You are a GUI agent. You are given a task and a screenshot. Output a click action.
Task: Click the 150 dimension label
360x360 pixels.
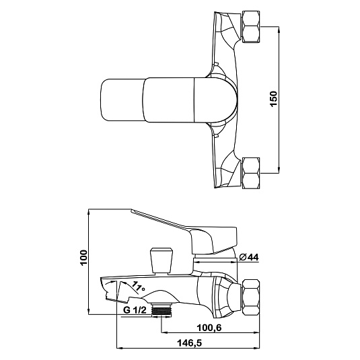point(274,99)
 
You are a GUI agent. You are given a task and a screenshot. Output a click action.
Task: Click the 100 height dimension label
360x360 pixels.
point(84,258)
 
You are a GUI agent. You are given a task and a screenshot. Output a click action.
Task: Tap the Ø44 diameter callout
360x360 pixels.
point(249,257)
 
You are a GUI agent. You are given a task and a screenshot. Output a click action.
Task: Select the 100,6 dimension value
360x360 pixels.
point(209,328)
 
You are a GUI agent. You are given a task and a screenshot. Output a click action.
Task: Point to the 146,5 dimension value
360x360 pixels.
point(189,343)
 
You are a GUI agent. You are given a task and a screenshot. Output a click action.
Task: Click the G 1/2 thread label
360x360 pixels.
point(135,310)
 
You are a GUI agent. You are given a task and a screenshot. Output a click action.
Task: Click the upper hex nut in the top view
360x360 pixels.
point(251,26)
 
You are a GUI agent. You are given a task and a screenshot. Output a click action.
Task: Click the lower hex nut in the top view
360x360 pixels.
point(251,173)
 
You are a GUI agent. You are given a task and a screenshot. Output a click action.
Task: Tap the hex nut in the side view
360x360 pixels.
point(251,295)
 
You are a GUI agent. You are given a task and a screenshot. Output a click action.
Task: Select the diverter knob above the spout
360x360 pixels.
point(161,260)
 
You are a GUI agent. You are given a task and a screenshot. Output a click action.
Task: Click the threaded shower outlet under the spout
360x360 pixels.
point(162,310)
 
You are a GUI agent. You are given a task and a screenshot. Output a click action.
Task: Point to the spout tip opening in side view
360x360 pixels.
point(110,289)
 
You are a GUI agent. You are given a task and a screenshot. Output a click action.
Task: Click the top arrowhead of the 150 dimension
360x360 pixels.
point(279,29)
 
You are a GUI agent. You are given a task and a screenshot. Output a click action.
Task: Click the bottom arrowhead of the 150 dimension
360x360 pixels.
point(279,170)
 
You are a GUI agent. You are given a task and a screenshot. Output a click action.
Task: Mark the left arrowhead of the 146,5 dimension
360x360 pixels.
point(120,348)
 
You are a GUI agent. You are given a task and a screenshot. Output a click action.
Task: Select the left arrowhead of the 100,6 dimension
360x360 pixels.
point(165,332)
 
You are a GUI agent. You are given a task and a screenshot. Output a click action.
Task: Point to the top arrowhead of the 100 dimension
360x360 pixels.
point(89,212)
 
